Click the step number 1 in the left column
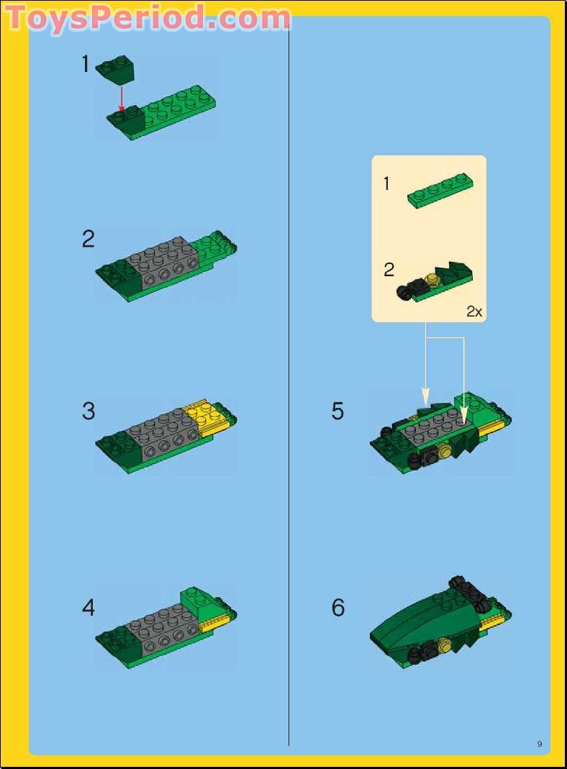click(x=86, y=65)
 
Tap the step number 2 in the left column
click(x=88, y=239)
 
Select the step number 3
click(x=88, y=411)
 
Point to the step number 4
click(x=88, y=608)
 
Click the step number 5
click(x=337, y=411)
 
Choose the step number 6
click(x=337, y=608)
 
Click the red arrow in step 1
click(x=122, y=97)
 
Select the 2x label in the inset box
click(x=473, y=311)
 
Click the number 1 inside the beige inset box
click(x=386, y=184)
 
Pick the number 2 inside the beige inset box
click(x=389, y=270)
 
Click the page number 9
click(x=539, y=744)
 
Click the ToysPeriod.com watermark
click(x=148, y=17)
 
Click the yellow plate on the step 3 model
click(x=204, y=418)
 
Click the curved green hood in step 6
click(x=417, y=619)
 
